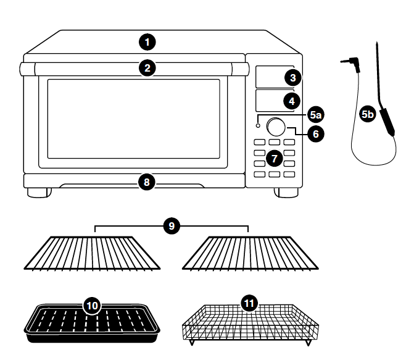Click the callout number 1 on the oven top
[146, 42]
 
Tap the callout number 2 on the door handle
[146, 68]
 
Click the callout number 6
[315, 133]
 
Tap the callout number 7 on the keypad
[275, 159]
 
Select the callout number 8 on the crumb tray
[146, 182]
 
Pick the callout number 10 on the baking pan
[91, 306]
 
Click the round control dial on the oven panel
[276, 127]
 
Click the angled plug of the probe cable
[349, 62]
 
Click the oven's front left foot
[38, 192]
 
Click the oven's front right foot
[284, 192]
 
